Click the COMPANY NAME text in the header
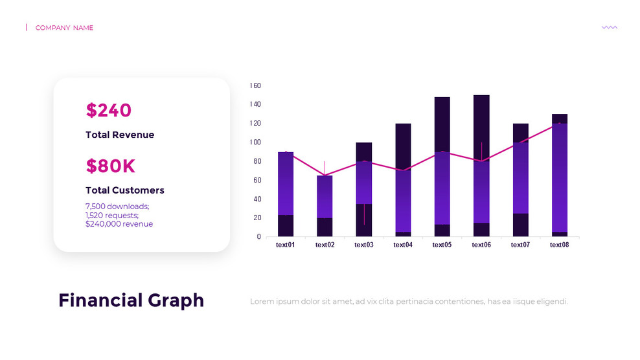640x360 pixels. click(64, 28)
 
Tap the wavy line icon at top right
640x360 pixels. click(609, 27)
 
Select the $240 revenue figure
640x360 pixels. click(108, 111)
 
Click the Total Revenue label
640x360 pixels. click(120, 135)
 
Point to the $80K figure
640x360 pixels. click(110, 166)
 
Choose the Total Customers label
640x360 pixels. click(125, 190)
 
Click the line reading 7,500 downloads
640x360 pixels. click(117, 207)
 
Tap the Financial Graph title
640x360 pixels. click(131, 300)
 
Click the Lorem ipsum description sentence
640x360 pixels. click(409, 302)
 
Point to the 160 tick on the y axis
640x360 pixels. click(255, 85)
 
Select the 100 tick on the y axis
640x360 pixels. click(255, 142)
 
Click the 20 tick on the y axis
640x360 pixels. click(257, 218)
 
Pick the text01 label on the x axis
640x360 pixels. click(286, 245)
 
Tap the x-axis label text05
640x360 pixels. click(442, 245)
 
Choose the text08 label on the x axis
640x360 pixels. click(559, 245)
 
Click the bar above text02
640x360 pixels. click(325, 206)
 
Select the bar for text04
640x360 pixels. click(403, 180)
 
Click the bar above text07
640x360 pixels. click(520, 180)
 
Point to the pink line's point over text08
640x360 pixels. click(560, 123)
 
